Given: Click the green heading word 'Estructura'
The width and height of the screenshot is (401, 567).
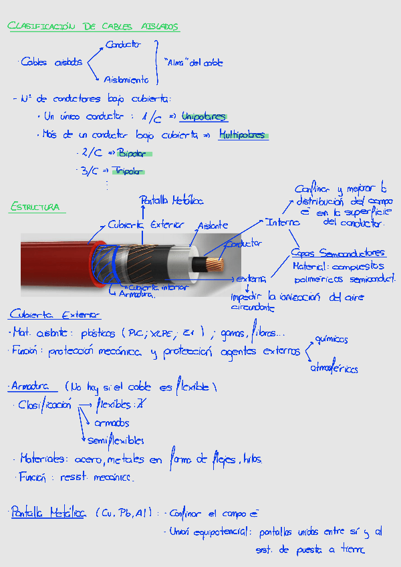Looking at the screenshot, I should click(x=34, y=207).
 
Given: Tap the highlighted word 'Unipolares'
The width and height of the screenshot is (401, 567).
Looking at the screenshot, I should click(x=204, y=116).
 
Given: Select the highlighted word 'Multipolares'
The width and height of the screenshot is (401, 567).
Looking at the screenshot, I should click(x=243, y=135).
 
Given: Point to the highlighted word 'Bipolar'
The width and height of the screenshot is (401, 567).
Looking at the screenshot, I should click(x=132, y=154).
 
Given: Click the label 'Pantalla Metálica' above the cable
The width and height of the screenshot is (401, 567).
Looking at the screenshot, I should click(x=171, y=200).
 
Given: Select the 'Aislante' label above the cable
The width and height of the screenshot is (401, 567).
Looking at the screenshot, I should click(x=213, y=225).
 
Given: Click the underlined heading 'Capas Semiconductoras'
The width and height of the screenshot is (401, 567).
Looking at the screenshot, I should click(x=338, y=253).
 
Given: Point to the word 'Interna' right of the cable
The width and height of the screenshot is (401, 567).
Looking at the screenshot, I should click(x=282, y=222).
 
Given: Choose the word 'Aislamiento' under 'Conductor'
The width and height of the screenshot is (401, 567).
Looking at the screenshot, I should click(x=126, y=80).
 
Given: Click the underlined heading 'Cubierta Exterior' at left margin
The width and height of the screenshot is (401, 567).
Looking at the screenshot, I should click(x=55, y=314).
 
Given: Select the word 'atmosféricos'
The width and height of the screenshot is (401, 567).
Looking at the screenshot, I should click(x=333, y=368).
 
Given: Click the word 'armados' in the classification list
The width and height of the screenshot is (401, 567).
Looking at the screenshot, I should click(x=112, y=423).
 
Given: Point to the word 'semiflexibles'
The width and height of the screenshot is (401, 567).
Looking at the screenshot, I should click(x=116, y=440).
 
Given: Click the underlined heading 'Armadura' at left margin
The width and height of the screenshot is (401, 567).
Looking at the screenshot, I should click(x=31, y=386).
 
